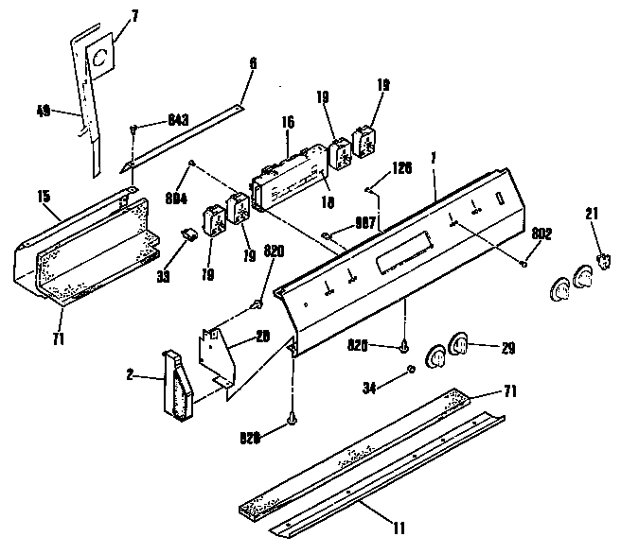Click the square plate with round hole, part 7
pyautogui.click(x=98, y=60)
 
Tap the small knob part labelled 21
pyautogui.click(x=599, y=262)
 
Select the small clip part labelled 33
pyautogui.click(x=189, y=232)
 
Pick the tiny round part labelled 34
pyautogui.click(x=410, y=368)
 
